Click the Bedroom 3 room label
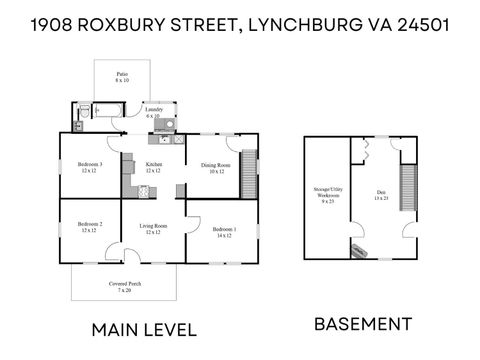click(x=90, y=167)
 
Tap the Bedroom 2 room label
click(x=90, y=227)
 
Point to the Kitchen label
click(x=153, y=167)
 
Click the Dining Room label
click(x=215, y=168)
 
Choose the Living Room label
click(x=153, y=229)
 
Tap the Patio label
click(x=121, y=76)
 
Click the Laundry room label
click(x=153, y=113)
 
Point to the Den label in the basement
click(x=381, y=195)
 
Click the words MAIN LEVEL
click(x=144, y=329)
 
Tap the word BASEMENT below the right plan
click(x=363, y=323)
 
